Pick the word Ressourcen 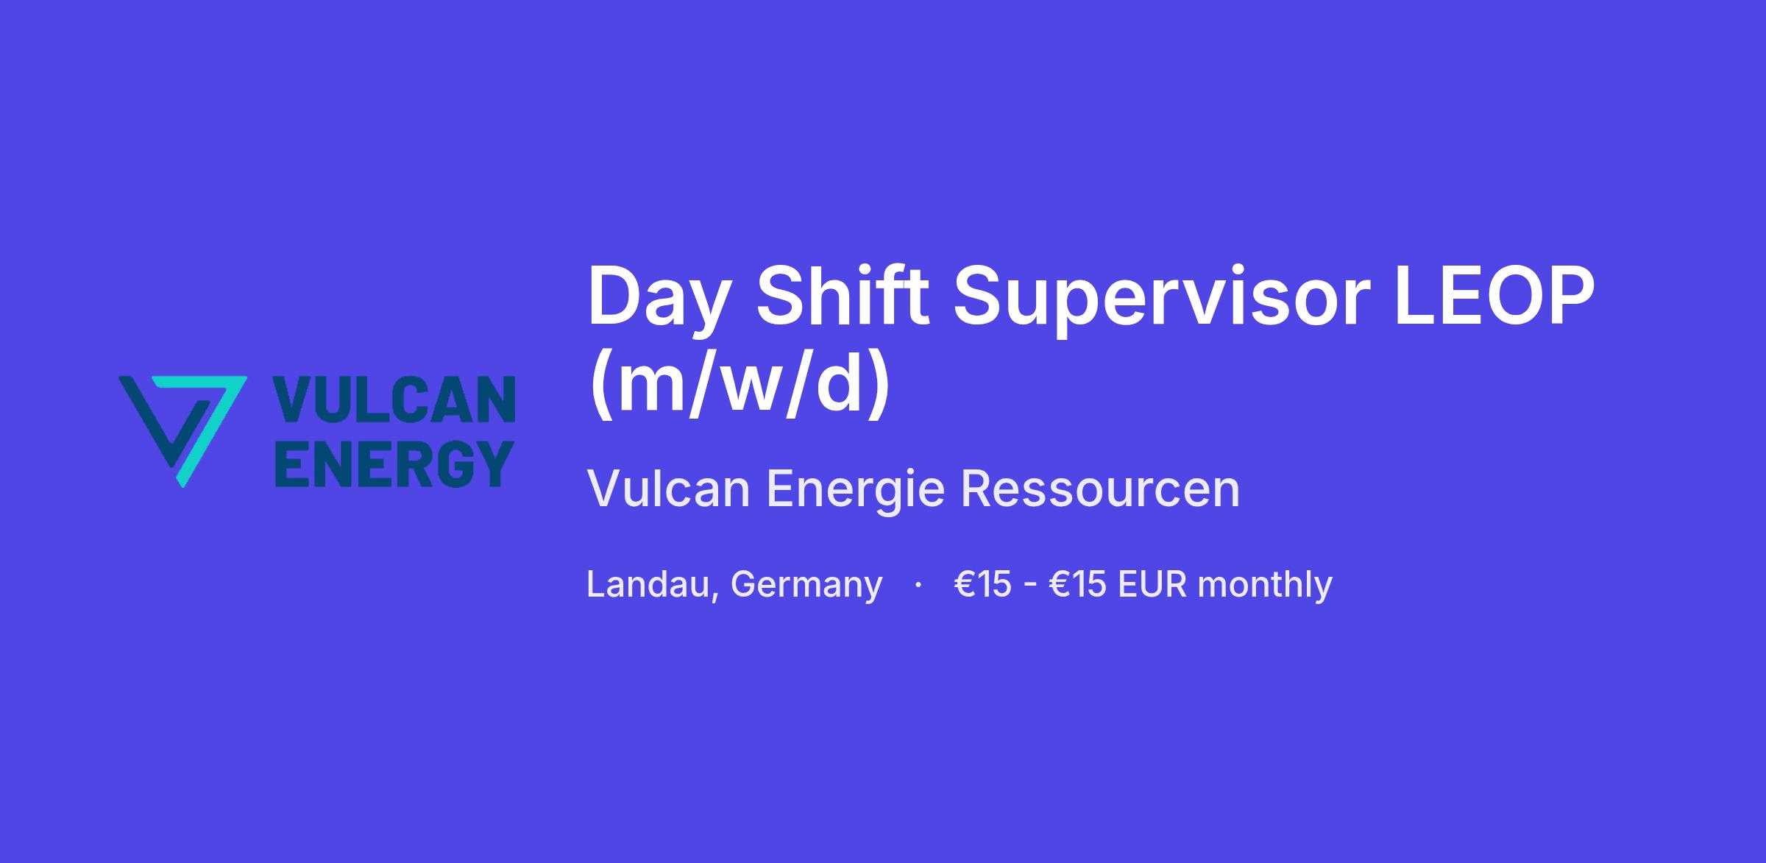click(1100, 489)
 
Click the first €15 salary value click(982, 585)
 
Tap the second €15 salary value click(1078, 585)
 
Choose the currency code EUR click(1152, 585)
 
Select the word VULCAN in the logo click(394, 399)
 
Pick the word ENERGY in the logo click(394, 464)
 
